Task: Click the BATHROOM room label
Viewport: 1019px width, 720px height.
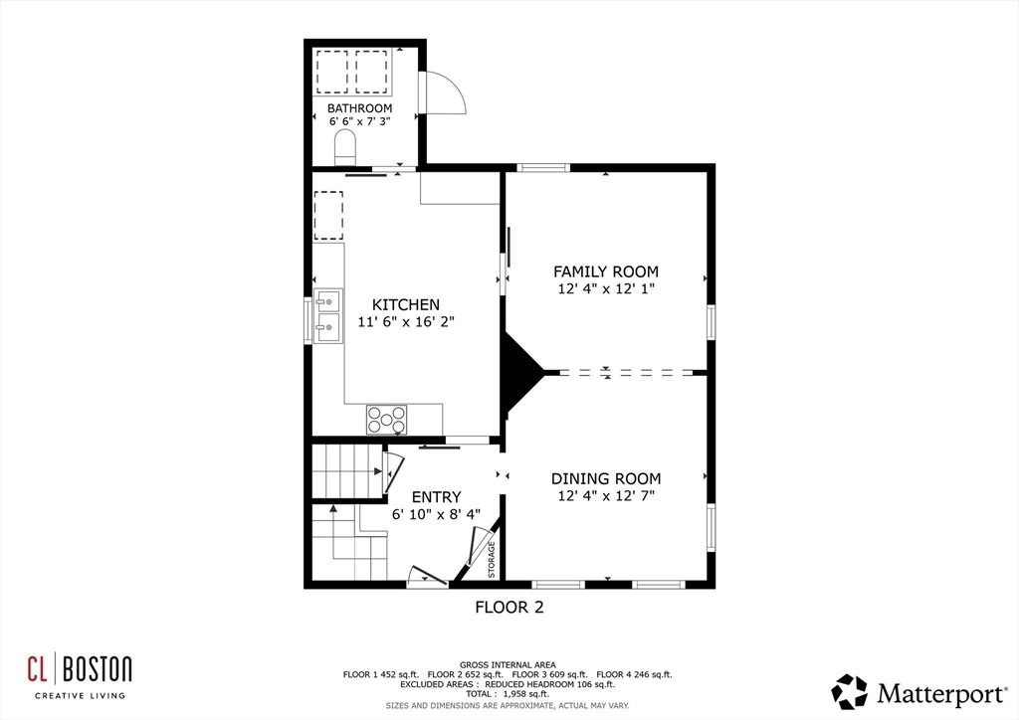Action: (359, 107)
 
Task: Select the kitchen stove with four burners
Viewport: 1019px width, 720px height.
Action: (386, 420)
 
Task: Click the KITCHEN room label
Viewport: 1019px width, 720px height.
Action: (405, 304)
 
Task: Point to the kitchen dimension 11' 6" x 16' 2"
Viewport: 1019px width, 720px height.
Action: (405, 322)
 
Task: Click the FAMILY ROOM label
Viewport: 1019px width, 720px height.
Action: (605, 271)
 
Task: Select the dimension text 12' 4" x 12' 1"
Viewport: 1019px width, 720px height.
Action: (605, 289)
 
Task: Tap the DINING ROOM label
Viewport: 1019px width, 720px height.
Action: (607, 478)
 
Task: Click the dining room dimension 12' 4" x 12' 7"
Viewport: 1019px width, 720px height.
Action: (607, 495)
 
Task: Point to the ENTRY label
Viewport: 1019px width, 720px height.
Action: (436, 497)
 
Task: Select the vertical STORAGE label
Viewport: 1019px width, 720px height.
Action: (492, 560)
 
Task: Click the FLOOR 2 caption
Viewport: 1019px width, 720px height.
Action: (509, 606)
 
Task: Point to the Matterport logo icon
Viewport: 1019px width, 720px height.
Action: (849, 691)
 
